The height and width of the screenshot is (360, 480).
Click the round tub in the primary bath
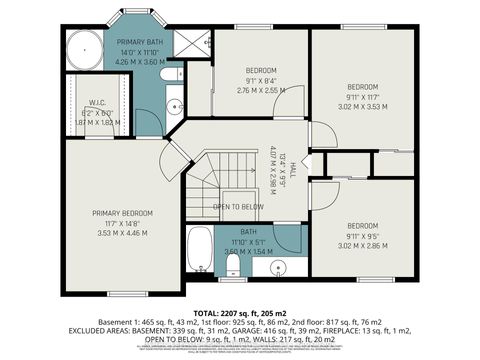click(x=83, y=50)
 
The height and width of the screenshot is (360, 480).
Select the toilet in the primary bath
click(x=174, y=74)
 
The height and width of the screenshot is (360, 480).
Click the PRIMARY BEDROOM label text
click(x=122, y=213)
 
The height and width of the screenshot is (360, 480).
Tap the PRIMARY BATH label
click(x=140, y=41)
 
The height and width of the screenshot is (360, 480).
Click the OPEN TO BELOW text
click(x=238, y=207)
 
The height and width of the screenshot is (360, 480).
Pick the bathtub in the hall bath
click(x=199, y=249)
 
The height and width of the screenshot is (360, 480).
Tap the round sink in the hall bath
click(x=279, y=268)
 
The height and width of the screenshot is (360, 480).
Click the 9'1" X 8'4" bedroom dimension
click(x=261, y=80)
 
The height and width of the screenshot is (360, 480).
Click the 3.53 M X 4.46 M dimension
click(x=122, y=232)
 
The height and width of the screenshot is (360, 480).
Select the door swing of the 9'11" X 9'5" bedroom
click(x=323, y=195)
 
